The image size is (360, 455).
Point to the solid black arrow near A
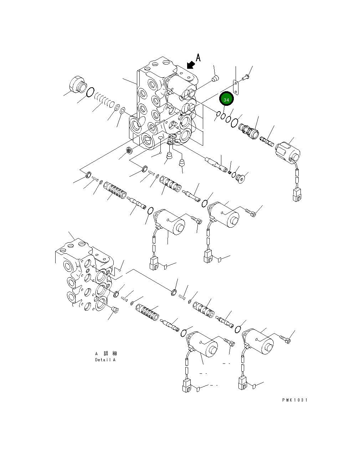pyautogui.click(x=191, y=64)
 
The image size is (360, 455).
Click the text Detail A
pyautogui.click(x=105, y=360)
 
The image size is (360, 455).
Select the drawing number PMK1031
pyautogui.click(x=294, y=400)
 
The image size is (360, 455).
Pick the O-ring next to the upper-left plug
pyautogui.click(x=91, y=92)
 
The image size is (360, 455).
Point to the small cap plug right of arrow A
pyautogui.click(x=215, y=78)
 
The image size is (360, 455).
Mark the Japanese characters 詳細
pyautogui.click(x=110, y=353)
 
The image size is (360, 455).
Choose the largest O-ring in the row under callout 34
pyautogui.click(x=234, y=123)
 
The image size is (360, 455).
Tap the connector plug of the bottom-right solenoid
pyautogui.click(x=243, y=383)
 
